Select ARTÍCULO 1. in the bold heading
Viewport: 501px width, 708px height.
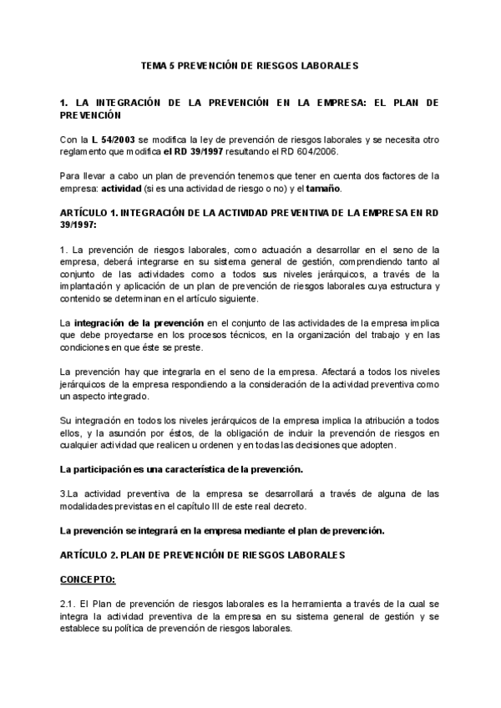point(91,213)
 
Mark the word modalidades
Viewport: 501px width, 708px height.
point(89,507)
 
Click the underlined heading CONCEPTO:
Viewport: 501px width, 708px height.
point(88,579)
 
